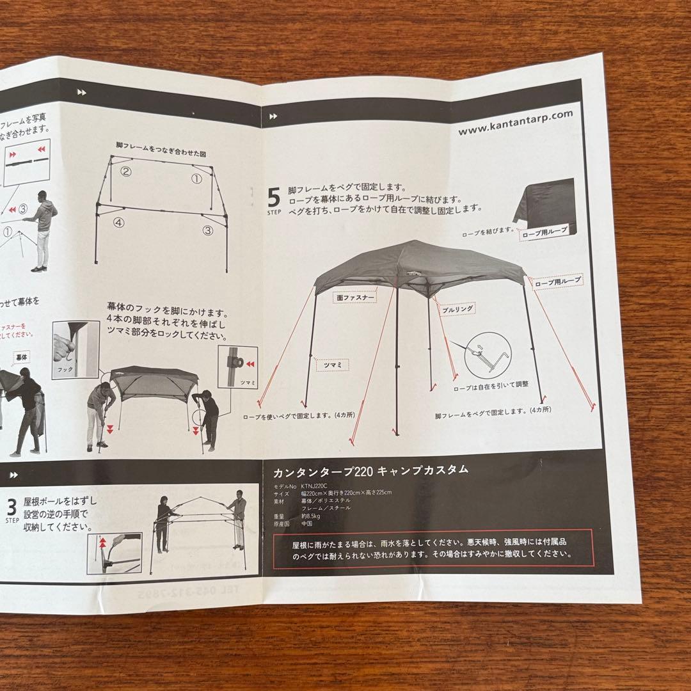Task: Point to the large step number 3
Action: (x=11, y=507)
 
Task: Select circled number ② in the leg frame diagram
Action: (x=126, y=171)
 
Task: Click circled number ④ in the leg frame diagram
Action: (x=119, y=223)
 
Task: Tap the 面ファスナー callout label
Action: (x=354, y=296)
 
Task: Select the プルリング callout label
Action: (x=457, y=308)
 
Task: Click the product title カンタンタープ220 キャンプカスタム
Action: (x=370, y=471)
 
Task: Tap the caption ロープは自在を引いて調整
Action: (x=491, y=384)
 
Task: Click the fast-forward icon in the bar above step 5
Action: (x=273, y=116)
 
